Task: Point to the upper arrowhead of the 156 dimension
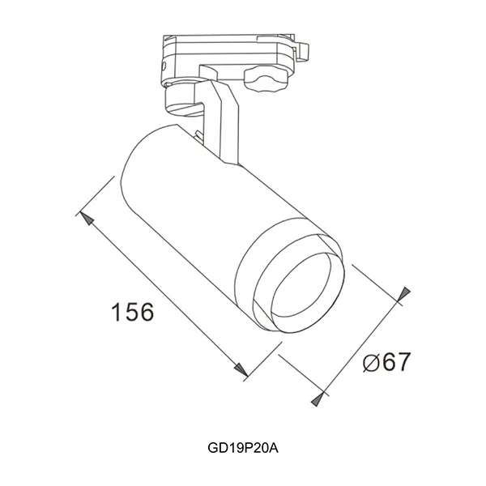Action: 84,217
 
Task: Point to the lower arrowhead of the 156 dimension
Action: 241,370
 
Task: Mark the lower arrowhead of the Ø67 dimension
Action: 321,396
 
